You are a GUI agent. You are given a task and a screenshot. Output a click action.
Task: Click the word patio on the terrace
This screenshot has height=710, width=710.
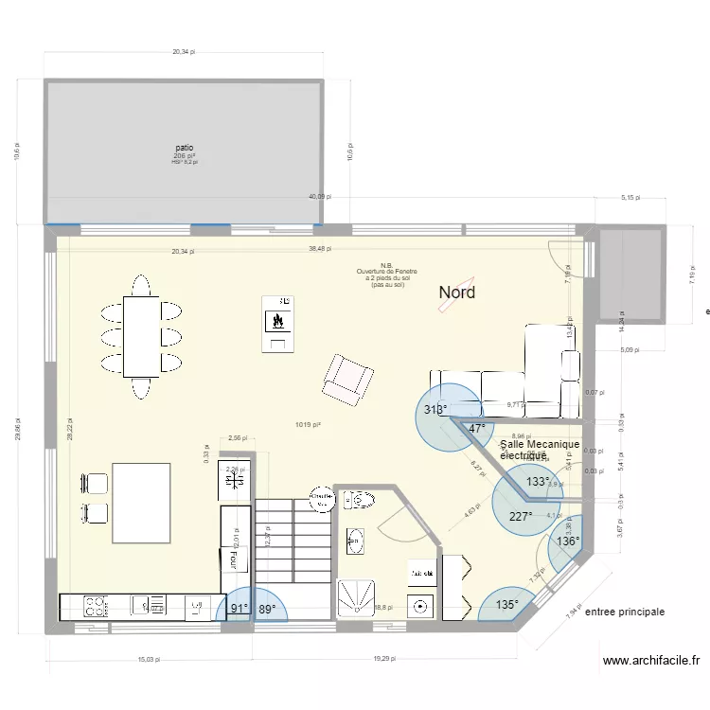click(x=185, y=148)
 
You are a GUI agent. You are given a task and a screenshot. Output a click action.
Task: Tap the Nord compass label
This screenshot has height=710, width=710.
click(x=457, y=293)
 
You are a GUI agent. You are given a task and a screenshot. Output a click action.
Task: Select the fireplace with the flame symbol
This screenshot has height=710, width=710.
click(x=277, y=322)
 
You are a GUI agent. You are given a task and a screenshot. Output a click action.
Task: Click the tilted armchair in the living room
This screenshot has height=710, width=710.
click(x=346, y=379)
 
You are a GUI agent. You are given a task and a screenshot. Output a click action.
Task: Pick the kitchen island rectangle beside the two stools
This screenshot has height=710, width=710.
click(x=141, y=503)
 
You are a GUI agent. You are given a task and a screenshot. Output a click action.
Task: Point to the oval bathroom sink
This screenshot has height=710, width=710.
click(x=356, y=542)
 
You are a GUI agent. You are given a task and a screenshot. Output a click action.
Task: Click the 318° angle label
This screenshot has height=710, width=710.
click(x=435, y=410)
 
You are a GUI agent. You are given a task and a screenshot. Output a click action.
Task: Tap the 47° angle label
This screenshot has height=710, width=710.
click(x=477, y=429)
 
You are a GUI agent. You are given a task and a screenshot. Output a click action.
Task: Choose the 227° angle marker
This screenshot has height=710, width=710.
click(x=521, y=517)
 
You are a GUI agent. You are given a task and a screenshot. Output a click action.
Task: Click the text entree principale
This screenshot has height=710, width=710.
click(x=625, y=612)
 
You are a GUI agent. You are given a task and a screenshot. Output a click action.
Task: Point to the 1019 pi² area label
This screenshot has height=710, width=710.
click(x=308, y=425)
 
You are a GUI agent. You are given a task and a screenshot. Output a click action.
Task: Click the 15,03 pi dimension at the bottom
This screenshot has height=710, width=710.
click(x=146, y=659)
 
